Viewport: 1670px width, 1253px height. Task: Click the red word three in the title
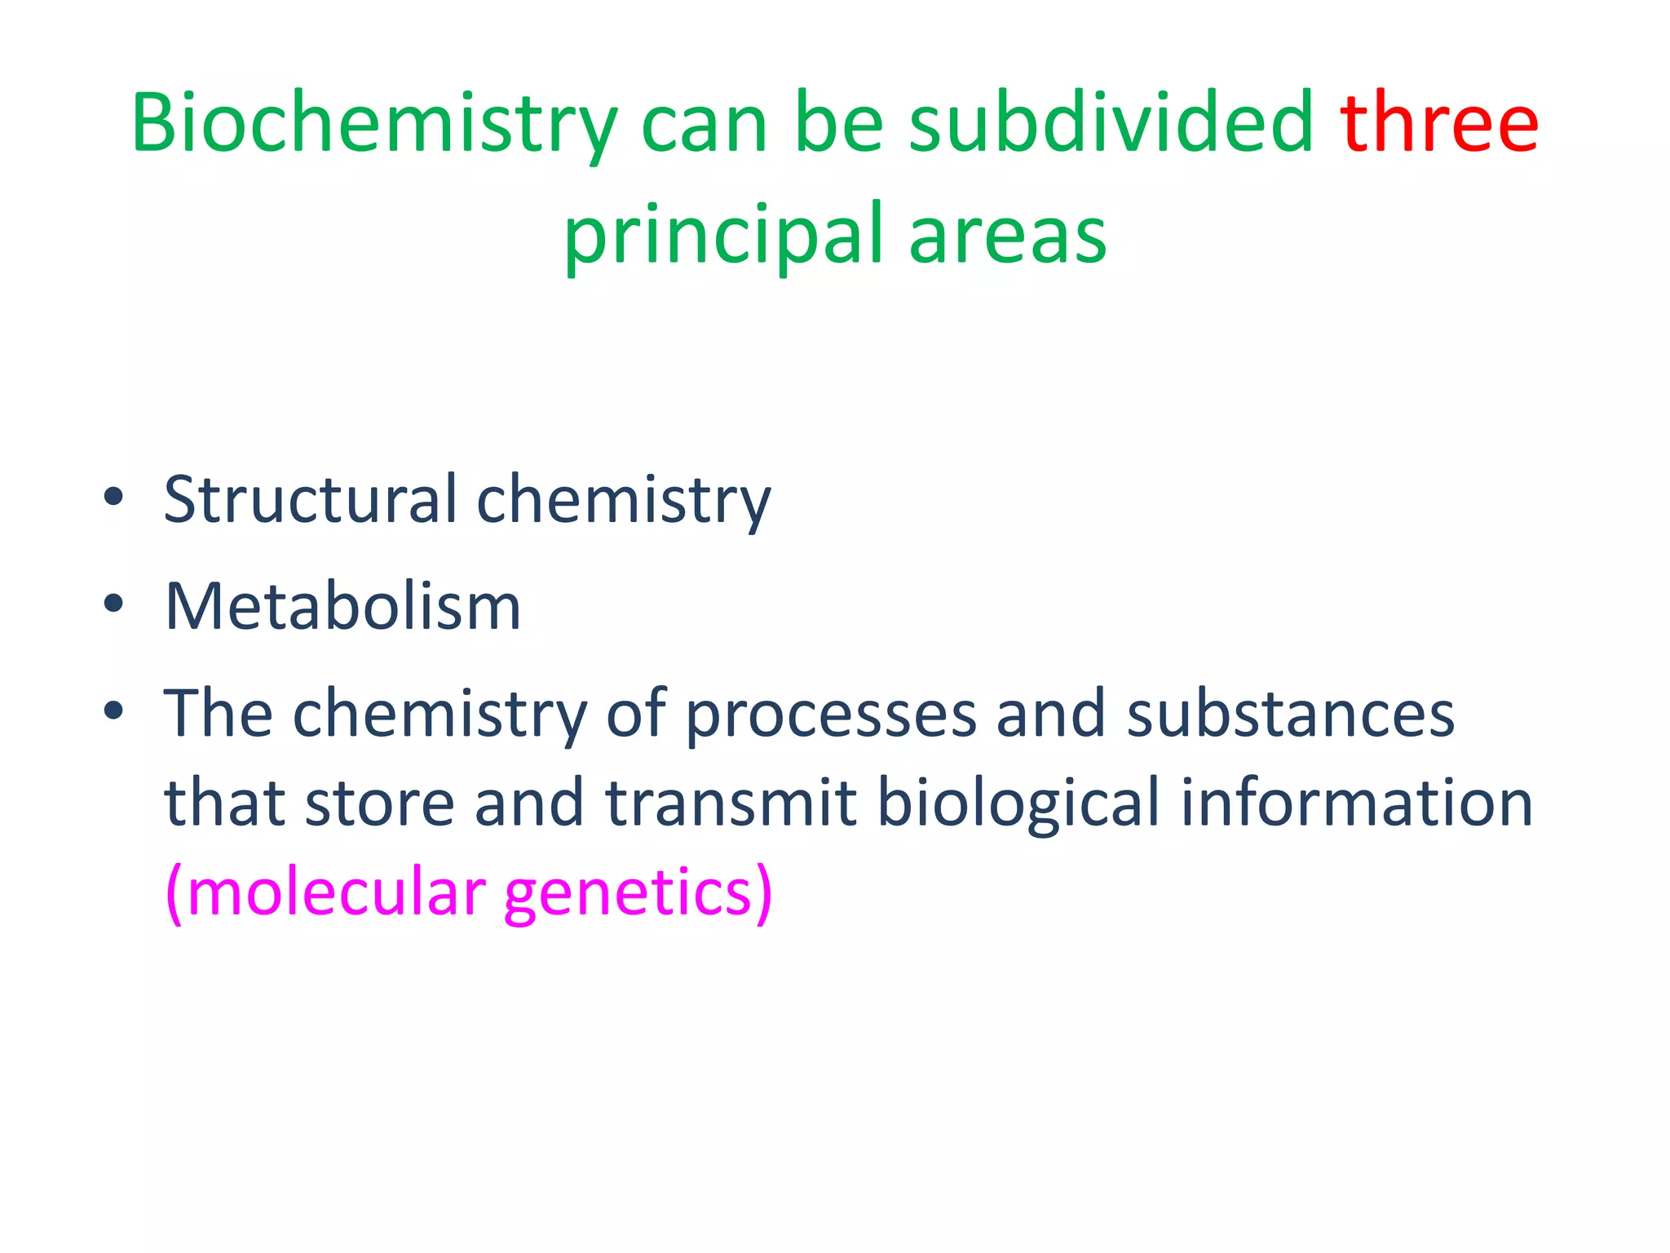click(x=1439, y=124)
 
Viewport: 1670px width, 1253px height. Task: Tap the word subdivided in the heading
click(x=1111, y=124)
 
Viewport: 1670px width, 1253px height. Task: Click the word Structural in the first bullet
click(x=311, y=499)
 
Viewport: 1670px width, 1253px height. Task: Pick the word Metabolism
click(x=342, y=607)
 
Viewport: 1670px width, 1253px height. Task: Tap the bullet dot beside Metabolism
click(x=113, y=604)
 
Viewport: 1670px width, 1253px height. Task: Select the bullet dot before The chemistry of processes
click(x=113, y=711)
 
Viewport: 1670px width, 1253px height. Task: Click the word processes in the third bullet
click(x=830, y=715)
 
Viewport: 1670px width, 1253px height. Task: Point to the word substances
click(x=1290, y=715)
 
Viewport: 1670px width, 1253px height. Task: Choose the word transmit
click(x=731, y=803)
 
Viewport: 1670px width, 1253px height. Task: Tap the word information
click(x=1357, y=803)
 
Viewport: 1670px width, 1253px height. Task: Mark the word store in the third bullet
click(x=379, y=803)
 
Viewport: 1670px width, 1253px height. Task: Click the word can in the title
click(x=705, y=124)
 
